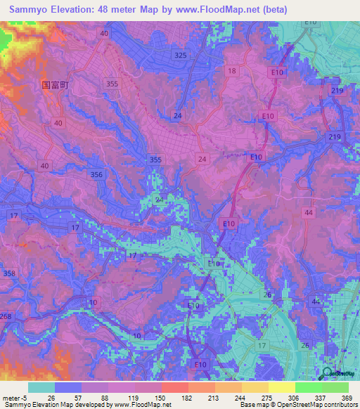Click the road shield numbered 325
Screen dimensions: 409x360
[x=181, y=55]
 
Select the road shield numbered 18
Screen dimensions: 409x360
[x=231, y=71]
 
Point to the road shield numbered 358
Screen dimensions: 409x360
[x=9, y=273]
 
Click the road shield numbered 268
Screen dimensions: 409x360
[x=5, y=316]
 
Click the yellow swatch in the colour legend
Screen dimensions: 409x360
[x=281, y=387]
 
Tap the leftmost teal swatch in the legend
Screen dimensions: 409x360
[x=41, y=387]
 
